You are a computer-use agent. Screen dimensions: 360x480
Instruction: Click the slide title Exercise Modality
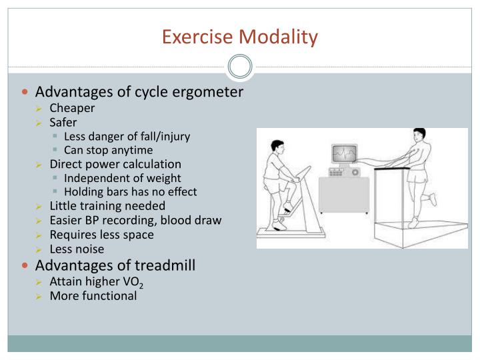pyautogui.click(x=240, y=36)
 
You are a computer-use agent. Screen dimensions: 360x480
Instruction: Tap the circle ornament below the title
pyautogui.click(x=240, y=67)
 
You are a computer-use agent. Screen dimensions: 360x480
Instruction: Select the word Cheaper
pyautogui.click(x=72, y=107)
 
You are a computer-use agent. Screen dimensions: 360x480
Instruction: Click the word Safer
pyautogui.click(x=63, y=122)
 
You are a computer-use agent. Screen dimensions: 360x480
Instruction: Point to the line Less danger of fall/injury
pyautogui.click(x=127, y=137)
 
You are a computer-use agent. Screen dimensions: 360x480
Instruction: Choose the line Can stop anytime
pyautogui.click(x=108, y=150)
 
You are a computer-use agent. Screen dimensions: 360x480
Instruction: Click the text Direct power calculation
pyautogui.click(x=115, y=164)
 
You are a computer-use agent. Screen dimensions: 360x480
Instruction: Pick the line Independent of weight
pyautogui.click(x=122, y=178)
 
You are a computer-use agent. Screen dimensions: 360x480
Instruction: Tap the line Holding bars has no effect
pyautogui.click(x=130, y=192)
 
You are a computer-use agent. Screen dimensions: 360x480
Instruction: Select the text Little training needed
pyautogui.click(x=107, y=206)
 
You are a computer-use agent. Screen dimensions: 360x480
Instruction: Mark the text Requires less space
pyautogui.click(x=101, y=235)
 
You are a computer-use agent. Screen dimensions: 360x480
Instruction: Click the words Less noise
pyautogui.click(x=77, y=249)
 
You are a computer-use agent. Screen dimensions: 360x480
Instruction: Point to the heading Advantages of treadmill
pyautogui.click(x=115, y=265)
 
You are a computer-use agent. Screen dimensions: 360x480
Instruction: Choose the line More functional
pyautogui.click(x=93, y=295)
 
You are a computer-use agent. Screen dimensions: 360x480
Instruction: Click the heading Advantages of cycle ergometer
pyautogui.click(x=139, y=92)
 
